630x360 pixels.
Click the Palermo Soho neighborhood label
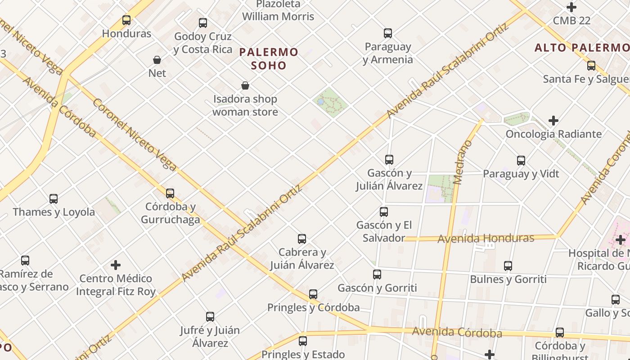[x=269, y=58]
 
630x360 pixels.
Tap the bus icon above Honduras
[x=126, y=20]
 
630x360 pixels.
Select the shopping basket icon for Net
[x=157, y=60]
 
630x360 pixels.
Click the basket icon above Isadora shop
[x=245, y=85]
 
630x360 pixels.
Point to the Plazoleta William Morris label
[x=278, y=10]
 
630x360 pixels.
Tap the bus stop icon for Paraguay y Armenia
[x=388, y=33]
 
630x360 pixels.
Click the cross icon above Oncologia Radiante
[x=553, y=121]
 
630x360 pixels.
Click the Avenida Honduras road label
[x=486, y=238]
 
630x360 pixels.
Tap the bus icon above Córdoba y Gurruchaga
[x=170, y=193]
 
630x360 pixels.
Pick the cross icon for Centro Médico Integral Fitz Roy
[x=116, y=265]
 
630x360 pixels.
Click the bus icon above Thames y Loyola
[x=54, y=198]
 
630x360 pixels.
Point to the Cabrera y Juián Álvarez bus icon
[x=302, y=239]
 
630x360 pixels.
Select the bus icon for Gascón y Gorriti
[x=377, y=274]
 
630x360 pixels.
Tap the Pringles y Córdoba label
[x=313, y=308]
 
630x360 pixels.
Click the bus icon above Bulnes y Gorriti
[x=508, y=266]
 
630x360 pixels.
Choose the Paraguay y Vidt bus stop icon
[x=521, y=161]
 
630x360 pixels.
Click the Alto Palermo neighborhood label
[x=582, y=48]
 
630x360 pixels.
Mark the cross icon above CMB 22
[x=571, y=7]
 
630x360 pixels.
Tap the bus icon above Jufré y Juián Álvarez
[x=210, y=317]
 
